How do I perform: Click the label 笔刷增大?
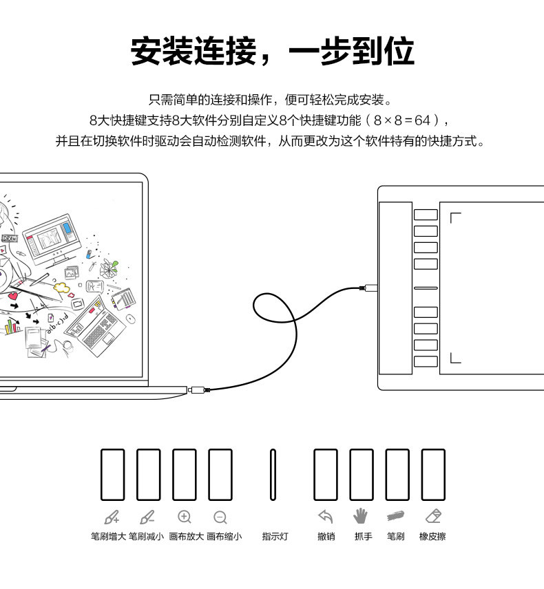tap(108, 537)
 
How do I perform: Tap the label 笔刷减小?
tap(146, 537)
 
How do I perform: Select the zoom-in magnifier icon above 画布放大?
tap(185, 517)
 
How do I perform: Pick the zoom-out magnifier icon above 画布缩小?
tap(220, 517)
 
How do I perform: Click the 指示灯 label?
tap(275, 537)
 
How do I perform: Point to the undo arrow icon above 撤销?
tap(326, 517)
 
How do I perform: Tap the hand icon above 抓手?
tap(360, 516)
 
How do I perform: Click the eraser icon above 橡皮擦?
tap(433, 516)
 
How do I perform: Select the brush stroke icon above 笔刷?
tap(395, 516)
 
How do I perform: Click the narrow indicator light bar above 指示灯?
tap(273, 475)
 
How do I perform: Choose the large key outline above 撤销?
tap(326, 475)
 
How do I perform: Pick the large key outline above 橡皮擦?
tap(433, 475)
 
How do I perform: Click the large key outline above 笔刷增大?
tap(113, 475)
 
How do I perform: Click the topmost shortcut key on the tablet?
tap(426, 215)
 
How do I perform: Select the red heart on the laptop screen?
tap(13, 296)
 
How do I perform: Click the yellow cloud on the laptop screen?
tap(62, 288)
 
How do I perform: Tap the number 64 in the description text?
tap(423, 120)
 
